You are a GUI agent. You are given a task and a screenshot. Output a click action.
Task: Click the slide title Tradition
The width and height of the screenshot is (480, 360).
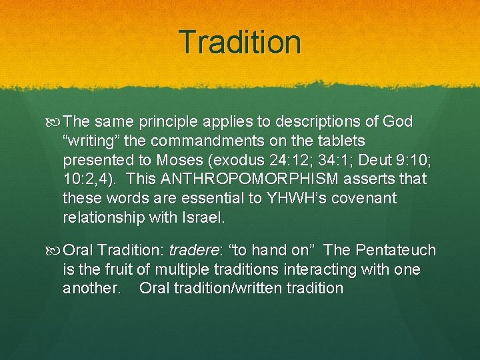coord(240,41)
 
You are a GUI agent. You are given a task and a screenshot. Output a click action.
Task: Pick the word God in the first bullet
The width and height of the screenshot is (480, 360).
coord(398,122)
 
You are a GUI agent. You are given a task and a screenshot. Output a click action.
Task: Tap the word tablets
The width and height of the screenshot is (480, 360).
coord(342,141)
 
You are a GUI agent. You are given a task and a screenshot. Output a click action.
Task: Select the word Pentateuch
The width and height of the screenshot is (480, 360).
coord(396,251)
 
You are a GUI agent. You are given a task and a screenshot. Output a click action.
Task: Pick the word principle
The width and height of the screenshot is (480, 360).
coord(169,122)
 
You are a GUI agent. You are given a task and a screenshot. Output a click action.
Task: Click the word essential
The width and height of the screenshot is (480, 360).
coord(190,199)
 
